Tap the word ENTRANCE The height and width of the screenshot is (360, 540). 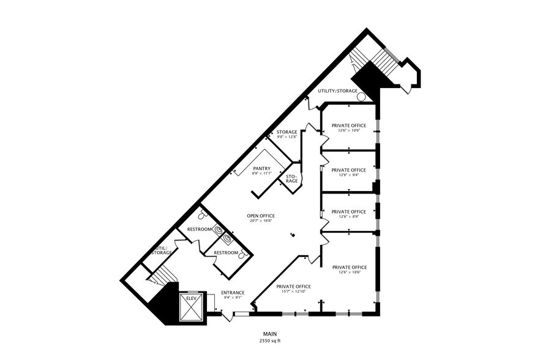coord(233,293)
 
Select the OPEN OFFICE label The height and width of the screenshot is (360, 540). coord(260,216)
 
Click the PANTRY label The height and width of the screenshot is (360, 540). coord(261,168)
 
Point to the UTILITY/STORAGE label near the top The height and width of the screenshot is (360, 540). coord(337,91)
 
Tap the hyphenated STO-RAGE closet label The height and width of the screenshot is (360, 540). coord(292,179)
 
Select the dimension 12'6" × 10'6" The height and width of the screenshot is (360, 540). coord(348,130)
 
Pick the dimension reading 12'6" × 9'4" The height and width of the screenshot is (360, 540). coord(348,174)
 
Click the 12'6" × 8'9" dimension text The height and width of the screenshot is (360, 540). coord(348,216)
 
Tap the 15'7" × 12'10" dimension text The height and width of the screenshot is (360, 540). coord(293,291)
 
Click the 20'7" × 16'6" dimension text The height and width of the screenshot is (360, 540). coord(260,220)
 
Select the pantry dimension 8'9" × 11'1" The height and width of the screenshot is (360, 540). coord(261,173)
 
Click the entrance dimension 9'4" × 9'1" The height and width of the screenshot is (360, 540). coord(233,298)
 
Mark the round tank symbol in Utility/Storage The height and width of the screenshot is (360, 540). coord(362,96)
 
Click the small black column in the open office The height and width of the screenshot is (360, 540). coord(293,233)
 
